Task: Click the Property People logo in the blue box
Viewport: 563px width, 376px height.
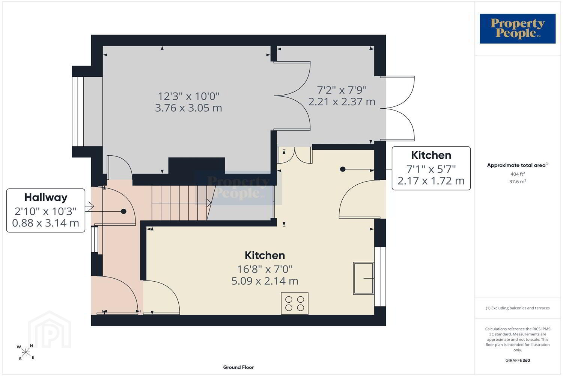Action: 518,29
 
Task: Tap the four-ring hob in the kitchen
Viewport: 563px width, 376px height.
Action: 295,303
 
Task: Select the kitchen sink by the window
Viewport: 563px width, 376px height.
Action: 363,278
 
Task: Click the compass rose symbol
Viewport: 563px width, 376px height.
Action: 26,352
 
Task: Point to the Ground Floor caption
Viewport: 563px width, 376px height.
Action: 238,367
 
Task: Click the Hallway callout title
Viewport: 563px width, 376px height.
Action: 46,197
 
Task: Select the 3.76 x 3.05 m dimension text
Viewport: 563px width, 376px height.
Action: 188,108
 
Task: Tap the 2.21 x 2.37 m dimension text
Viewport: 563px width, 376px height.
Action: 342,102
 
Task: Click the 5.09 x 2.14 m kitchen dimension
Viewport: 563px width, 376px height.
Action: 265,281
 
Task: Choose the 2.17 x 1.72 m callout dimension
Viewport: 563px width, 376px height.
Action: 431,181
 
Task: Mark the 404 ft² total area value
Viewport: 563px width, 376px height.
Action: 518,174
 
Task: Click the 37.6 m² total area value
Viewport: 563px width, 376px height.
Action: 518,181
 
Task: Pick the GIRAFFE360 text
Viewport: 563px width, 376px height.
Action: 518,360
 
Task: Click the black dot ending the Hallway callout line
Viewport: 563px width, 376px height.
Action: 123,211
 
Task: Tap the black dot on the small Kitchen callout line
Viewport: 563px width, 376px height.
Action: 343,169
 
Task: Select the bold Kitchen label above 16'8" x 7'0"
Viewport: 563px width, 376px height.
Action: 265,255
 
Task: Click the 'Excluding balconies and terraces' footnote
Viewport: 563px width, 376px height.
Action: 518,308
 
